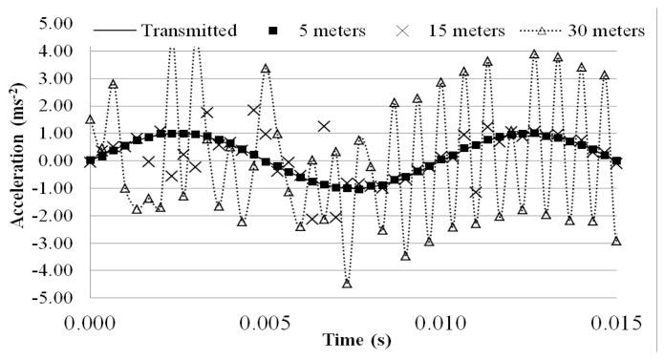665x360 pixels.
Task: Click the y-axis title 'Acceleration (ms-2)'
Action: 18,160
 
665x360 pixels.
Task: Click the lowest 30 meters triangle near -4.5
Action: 347,284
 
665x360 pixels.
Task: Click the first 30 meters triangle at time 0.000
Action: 90,119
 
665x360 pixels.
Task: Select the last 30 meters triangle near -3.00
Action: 616,241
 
